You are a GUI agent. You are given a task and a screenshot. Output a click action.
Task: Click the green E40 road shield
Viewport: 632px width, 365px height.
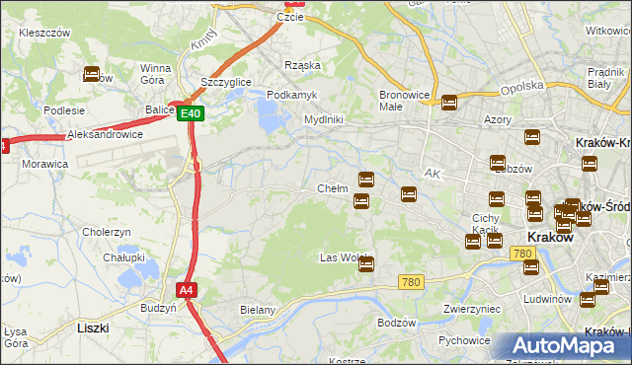[192, 113]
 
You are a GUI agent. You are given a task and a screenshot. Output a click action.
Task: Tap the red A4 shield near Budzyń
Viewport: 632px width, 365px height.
[186, 290]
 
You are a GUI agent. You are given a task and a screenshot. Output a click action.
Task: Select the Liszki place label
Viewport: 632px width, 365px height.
[93, 327]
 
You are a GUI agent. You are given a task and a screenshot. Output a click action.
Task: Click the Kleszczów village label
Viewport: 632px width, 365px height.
[44, 33]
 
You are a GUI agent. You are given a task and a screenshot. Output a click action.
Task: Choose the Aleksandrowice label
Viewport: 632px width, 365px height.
[105, 134]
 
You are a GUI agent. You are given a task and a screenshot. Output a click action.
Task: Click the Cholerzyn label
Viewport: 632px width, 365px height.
[108, 233]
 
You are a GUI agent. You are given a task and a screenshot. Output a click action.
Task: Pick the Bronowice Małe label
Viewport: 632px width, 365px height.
[402, 101]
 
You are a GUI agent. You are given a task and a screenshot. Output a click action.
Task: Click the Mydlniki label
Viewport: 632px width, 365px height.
[323, 119]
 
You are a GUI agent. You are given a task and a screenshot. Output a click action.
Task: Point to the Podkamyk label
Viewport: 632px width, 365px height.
[291, 94]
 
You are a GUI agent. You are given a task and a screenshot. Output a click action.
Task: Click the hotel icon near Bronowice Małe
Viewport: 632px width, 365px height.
[449, 102]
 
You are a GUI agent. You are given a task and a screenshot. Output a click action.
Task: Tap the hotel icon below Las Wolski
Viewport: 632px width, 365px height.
[366, 264]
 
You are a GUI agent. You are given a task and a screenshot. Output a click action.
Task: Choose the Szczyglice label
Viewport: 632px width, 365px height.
[224, 82]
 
